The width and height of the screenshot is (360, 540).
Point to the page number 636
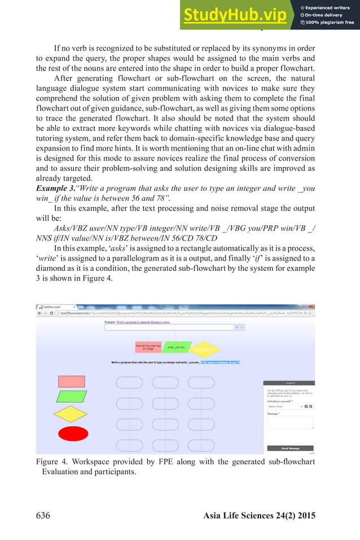tap(46, 515)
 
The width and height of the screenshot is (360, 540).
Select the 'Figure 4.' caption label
tap(53, 462)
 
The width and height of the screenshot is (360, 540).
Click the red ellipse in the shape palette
tap(73, 433)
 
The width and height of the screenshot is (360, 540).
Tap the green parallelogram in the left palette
tap(72, 396)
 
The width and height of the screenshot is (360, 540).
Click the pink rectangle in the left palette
tap(72, 381)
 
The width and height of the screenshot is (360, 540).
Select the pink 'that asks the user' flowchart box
tap(148, 347)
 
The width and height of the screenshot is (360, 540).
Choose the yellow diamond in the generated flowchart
tap(207, 349)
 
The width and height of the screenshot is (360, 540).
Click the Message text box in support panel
tap(289, 423)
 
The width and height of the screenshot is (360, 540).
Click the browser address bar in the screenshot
tap(169, 313)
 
